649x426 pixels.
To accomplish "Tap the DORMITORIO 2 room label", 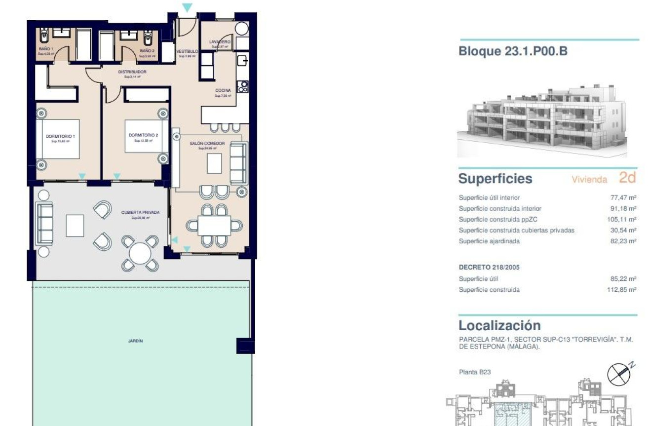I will click(143, 135).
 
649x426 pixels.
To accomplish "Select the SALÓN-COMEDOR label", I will click(207, 144).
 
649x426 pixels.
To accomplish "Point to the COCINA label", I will click(223, 90).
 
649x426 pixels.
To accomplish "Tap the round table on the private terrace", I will click(140, 253).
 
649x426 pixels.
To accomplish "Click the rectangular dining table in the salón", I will click(214, 225).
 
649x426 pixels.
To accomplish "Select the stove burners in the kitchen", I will click(242, 87).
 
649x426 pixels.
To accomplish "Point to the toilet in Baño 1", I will click(44, 36).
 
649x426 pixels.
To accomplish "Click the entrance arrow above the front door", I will click(187, 7).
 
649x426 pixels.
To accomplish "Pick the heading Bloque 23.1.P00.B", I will click(513, 51).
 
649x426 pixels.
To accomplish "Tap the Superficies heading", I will click(495, 178).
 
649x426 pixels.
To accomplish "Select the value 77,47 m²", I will click(623, 197).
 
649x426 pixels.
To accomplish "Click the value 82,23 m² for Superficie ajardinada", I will click(623, 241).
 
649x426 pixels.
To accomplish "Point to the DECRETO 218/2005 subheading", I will click(489, 268).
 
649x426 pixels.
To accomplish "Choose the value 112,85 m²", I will click(621, 290).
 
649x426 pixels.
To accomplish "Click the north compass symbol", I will click(619, 374).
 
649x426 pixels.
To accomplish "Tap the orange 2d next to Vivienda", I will click(627, 178).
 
